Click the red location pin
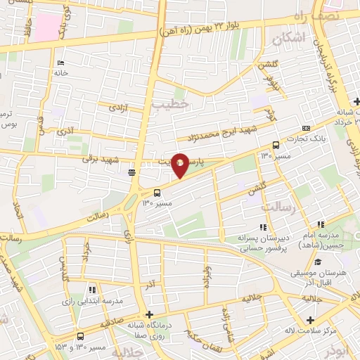coord(180,165)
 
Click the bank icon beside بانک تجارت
coord(305,128)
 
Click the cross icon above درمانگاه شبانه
coord(148,314)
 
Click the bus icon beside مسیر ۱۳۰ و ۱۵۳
coord(80,336)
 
